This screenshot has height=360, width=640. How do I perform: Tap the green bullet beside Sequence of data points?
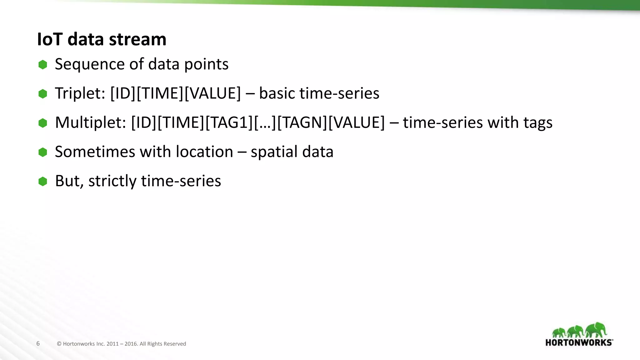43,65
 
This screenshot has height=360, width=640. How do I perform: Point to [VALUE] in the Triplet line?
212,93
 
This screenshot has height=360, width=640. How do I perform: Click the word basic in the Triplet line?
277,93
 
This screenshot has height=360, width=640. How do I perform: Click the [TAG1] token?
229,122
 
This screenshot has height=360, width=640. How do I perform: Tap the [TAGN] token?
302,122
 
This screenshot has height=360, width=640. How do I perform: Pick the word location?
204,152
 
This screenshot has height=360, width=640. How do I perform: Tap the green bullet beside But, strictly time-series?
43,181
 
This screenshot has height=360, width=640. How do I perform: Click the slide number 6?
38,343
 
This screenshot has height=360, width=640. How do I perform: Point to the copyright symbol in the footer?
59,344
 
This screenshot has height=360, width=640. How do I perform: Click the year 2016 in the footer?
131,344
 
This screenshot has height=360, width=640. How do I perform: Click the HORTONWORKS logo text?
579,342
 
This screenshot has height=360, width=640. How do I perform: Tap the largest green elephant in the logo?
596,330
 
